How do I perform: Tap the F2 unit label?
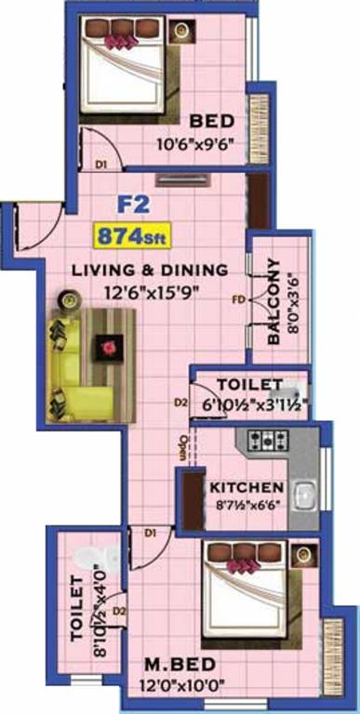(131, 204)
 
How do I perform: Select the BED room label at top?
(210, 121)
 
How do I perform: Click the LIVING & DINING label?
(151, 271)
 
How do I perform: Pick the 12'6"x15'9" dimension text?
(151, 291)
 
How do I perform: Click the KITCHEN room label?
(246, 487)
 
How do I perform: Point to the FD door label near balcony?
(239, 300)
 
